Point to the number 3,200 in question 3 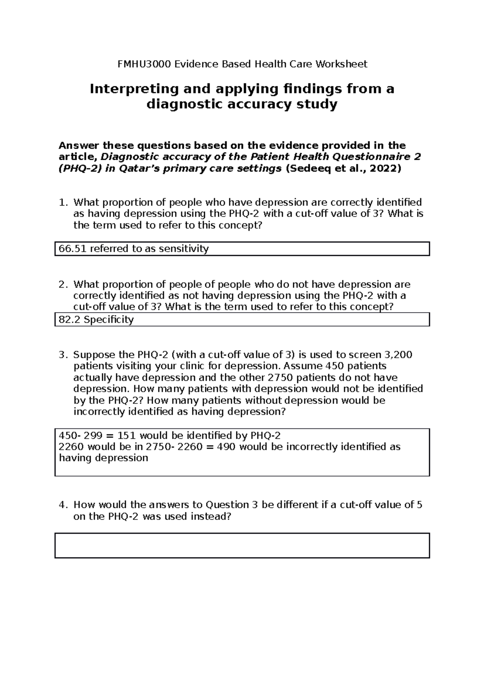click(x=398, y=355)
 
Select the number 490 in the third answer click(x=228, y=447)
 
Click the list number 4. click(x=62, y=505)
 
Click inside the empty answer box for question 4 click(x=242, y=545)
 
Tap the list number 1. click(x=62, y=202)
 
